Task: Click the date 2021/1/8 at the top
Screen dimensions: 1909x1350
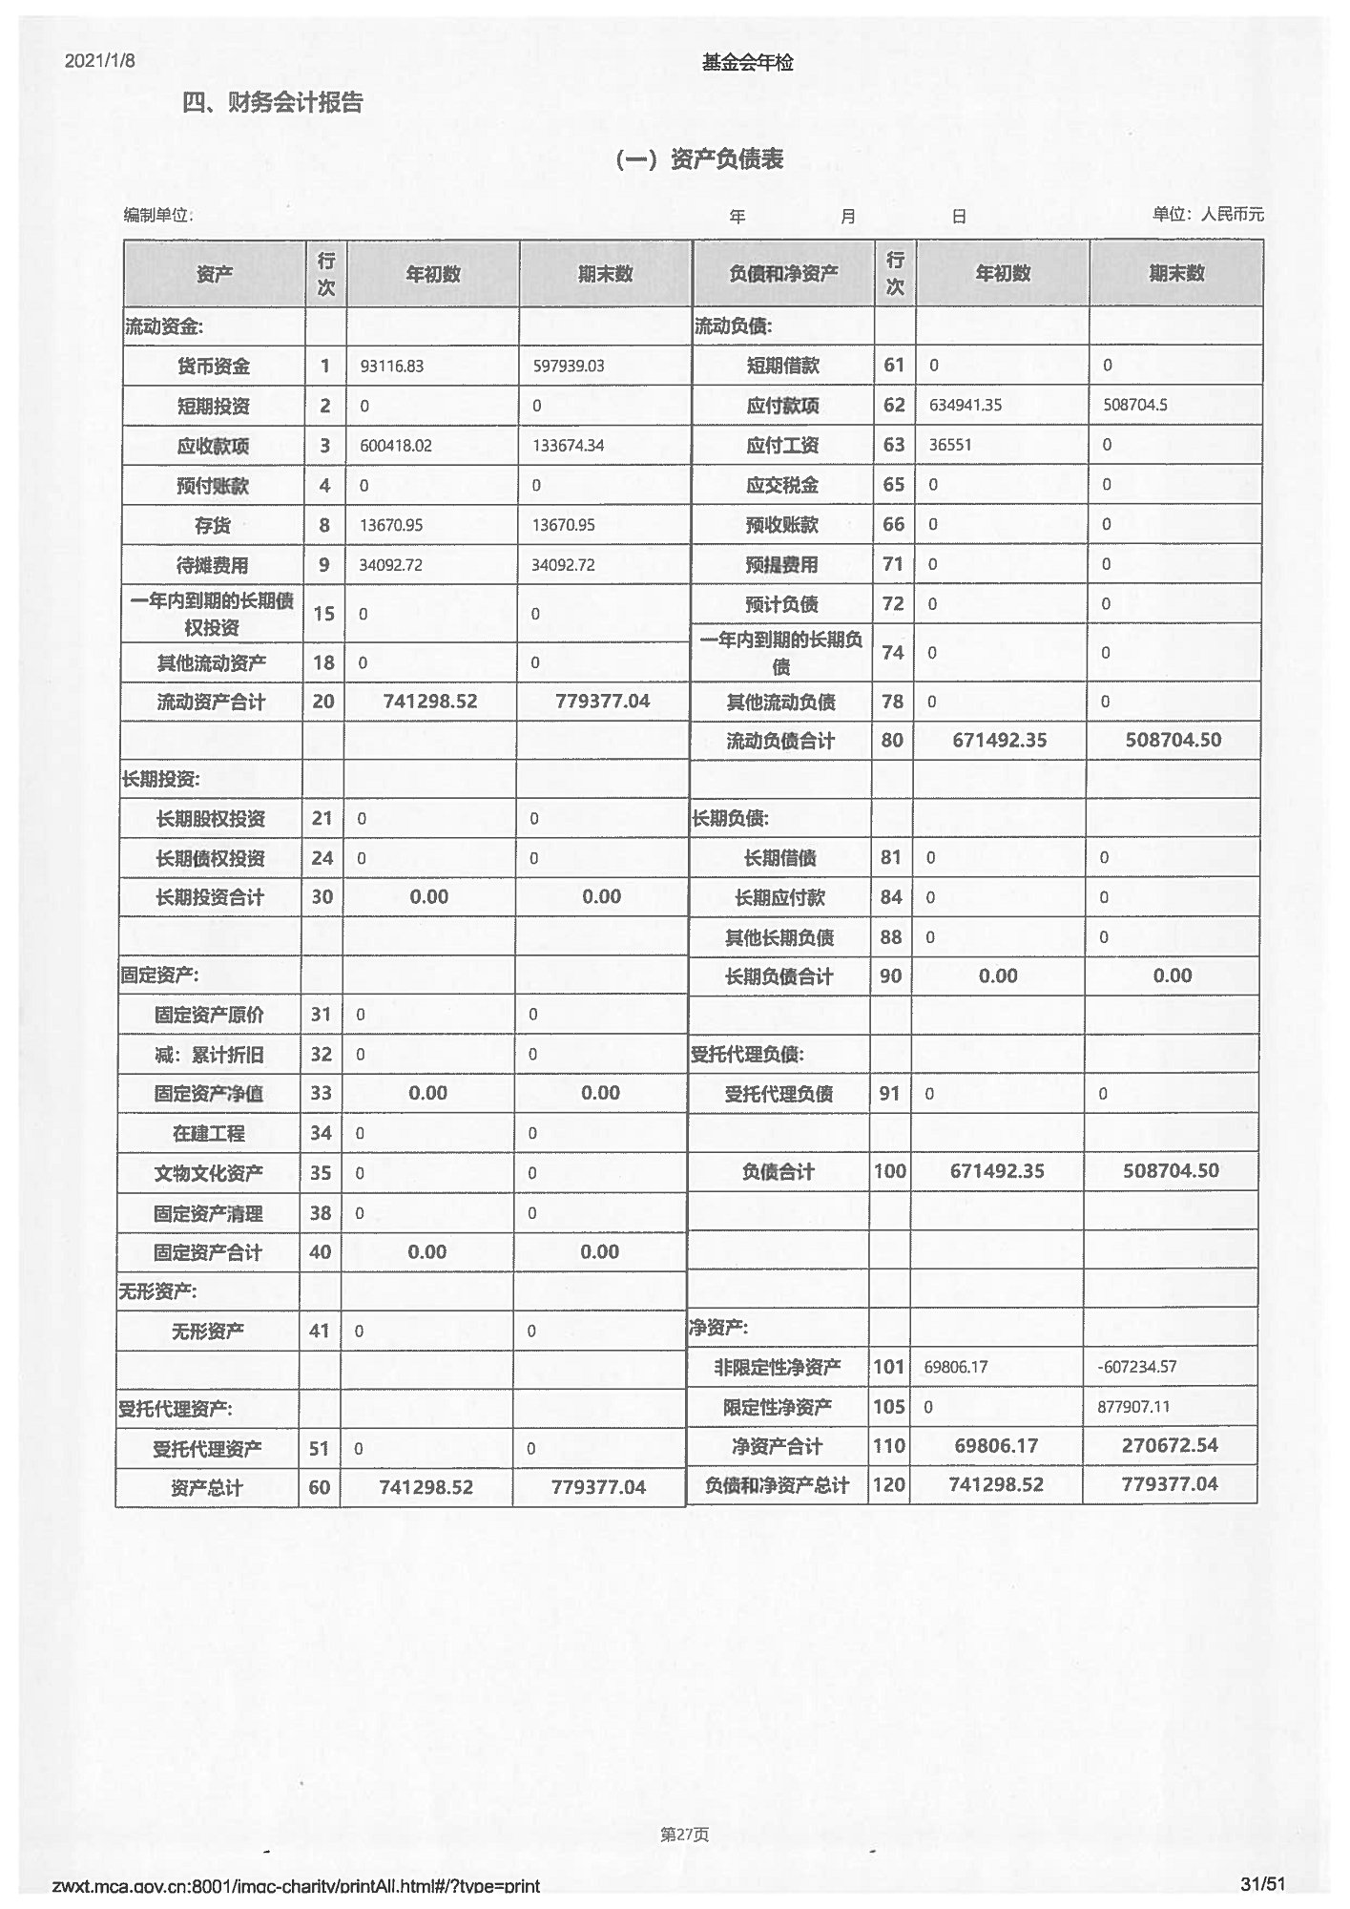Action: pyautogui.click(x=99, y=61)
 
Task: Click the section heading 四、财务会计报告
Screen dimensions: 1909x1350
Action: pyautogui.click(x=273, y=103)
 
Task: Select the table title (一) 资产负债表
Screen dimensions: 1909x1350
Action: pyautogui.click(x=699, y=159)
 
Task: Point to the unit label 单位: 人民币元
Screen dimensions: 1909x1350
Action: pyautogui.click(x=1207, y=214)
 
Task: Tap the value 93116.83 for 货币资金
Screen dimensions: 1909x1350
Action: pyautogui.click(x=392, y=367)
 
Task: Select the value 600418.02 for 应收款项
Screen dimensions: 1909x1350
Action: pyautogui.click(x=396, y=446)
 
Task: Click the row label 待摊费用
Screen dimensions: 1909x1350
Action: pyautogui.click(x=213, y=565)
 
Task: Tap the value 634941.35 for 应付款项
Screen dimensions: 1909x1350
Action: pyautogui.click(x=966, y=405)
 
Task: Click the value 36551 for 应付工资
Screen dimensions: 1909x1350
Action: pyautogui.click(x=950, y=445)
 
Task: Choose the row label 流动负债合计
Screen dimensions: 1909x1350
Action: pyautogui.click(x=780, y=741)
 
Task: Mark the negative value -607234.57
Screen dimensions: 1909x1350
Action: pyautogui.click(x=1136, y=1367)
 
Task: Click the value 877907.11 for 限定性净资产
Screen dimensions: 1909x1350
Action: pyautogui.click(x=1133, y=1407)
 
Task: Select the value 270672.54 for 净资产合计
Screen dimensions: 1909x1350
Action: pyautogui.click(x=1170, y=1445)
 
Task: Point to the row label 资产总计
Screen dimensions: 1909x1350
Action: pyautogui.click(x=207, y=1488)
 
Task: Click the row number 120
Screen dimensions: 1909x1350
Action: pyautogui.click(x=888, y=1485)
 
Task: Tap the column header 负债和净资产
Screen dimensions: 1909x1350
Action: pyautogui.click(x=783, y=274)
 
